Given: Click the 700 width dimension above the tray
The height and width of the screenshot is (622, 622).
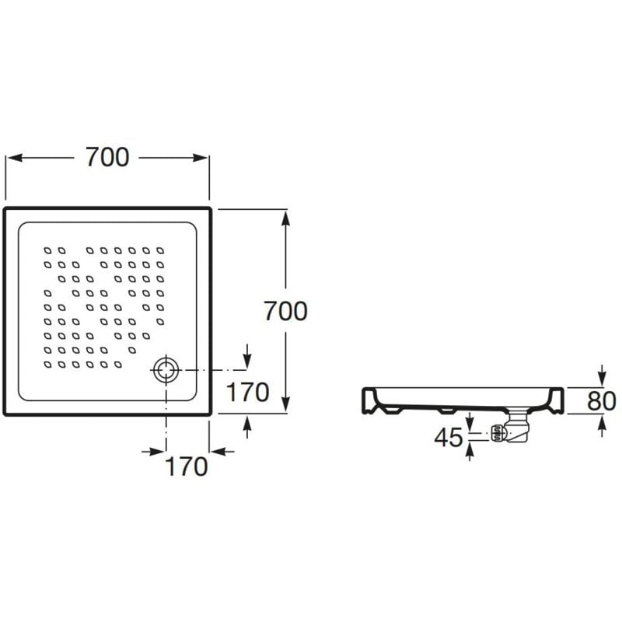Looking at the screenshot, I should pos(107,157).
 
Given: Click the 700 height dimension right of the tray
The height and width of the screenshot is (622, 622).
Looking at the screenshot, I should pos(285,311).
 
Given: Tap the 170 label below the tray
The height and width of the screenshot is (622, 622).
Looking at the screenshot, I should pos(187,466).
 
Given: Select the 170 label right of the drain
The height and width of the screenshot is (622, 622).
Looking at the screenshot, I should pos(247,393).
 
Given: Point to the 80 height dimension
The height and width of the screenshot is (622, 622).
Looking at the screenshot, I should pos(603,400).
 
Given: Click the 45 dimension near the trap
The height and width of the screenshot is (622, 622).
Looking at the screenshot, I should pos(449,438).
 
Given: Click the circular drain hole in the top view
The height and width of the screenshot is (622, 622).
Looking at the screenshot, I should pos(166,369).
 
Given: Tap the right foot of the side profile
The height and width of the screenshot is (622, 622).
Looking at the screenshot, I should pos(559,404).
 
